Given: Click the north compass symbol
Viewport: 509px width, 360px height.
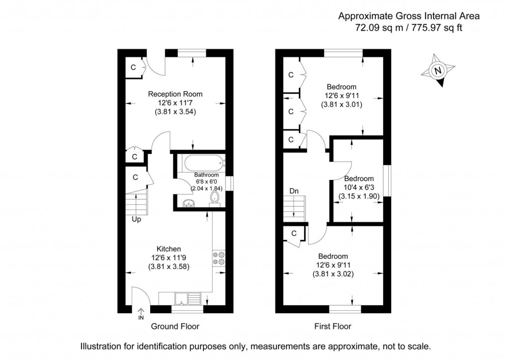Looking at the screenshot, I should point(438,71).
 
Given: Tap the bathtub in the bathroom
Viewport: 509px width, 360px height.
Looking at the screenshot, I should point(204,163).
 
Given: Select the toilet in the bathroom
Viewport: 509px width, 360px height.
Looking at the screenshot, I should point(214,198).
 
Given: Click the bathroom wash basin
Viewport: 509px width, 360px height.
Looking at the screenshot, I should point(188,203).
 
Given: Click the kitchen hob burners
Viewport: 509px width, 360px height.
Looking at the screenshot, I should point(218,257).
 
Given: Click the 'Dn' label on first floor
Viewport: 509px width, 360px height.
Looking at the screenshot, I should point(294,191).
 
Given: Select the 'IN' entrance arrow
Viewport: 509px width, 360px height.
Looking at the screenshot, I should point(141,313).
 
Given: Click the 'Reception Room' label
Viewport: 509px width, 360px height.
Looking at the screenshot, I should point(175,94).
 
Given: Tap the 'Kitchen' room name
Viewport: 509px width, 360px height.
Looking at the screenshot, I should point(169,249).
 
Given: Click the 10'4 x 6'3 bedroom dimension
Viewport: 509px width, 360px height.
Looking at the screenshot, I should point(359,187).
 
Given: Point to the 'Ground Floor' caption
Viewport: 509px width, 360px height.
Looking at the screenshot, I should point(175,327).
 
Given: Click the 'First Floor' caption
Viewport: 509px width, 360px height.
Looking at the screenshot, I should point(333,327).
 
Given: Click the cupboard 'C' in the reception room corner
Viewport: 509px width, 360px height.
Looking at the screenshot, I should point(133,68).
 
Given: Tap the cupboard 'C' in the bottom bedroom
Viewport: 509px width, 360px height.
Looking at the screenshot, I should point(294,233).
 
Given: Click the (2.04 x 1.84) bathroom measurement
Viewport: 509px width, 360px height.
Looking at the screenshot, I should point(206,188).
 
